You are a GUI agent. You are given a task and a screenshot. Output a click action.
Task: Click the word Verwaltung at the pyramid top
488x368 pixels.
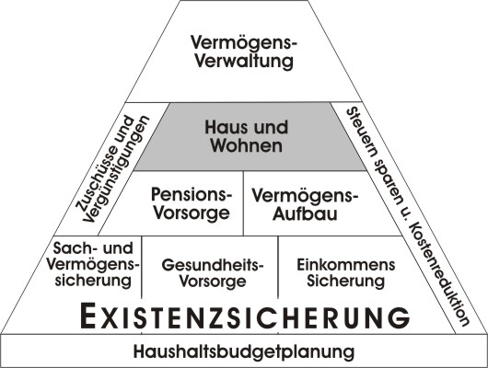[244, 61]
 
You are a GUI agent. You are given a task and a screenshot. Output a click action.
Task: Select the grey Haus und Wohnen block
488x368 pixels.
[250, 137]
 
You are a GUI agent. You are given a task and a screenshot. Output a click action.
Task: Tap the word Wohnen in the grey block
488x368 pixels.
[247, 145]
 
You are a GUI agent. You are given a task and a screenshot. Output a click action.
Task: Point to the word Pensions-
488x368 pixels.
[192, 194]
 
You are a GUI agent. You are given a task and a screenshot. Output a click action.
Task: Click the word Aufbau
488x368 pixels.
[305, 214]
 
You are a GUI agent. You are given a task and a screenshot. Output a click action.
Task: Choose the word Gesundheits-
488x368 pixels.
[213, 265]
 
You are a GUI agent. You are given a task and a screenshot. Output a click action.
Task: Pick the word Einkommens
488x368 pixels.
[346, 265]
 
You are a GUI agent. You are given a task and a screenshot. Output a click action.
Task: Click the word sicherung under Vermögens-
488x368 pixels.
[93, 281]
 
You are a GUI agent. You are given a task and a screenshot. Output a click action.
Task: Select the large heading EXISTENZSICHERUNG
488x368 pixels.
[245, 316]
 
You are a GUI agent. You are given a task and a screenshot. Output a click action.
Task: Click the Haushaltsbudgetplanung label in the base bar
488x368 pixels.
[244, 351]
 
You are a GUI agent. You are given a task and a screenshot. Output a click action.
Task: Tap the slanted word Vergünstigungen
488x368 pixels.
[117, 169]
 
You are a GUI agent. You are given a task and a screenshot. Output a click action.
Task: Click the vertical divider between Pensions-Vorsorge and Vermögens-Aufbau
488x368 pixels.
[243, 203]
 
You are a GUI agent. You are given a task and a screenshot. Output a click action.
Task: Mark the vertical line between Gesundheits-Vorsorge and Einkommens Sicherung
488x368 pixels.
[278, 268]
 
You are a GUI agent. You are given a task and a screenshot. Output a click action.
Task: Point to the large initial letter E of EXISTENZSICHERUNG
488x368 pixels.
[87, 316]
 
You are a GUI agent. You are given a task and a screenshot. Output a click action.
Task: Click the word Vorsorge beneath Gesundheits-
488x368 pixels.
[213, 282]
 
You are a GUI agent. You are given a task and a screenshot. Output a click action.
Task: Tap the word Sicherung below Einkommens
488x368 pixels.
[346, 282]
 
